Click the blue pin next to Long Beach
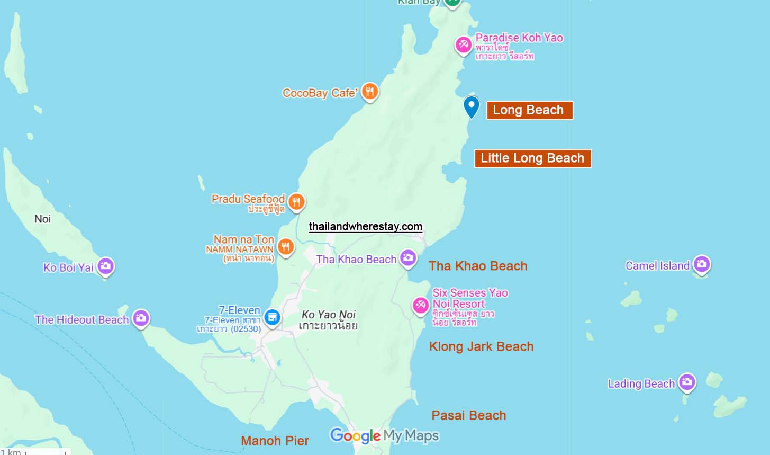[471, 106]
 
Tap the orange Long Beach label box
[529, 110]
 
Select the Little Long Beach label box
[532, 158]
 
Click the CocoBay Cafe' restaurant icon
[370, 92]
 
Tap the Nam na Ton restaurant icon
[286, 246]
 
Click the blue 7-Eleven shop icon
[272, 317]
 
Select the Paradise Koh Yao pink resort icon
[464, 44]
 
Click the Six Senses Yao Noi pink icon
[421, 305]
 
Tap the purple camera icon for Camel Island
[701, 264]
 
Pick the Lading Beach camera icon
[686, 382]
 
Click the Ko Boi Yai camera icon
[105, 266]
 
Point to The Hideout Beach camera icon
[140, 318]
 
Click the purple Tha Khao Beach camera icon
[407, 258]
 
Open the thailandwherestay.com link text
[366, 227]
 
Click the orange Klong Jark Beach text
[481, 347]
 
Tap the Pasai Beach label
[468, 416]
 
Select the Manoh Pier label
[275, 441]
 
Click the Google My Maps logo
[385, 436]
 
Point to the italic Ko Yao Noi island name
[328, 315]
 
